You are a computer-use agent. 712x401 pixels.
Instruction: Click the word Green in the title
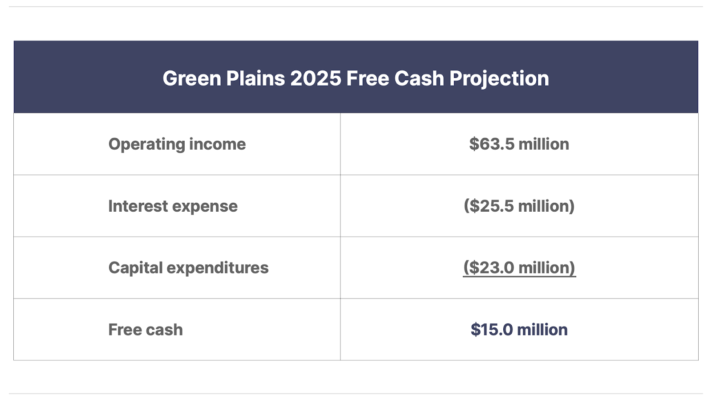(x=192, y=78)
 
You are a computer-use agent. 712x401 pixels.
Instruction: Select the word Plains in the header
(x=255, y=78)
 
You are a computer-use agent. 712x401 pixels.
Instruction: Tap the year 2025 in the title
(x=316, y=78)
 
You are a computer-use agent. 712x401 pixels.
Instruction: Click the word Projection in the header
(x=499, y=79)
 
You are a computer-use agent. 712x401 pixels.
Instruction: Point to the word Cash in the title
(x=419, y=78)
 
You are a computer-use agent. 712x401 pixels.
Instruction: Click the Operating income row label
(x=177, y=144)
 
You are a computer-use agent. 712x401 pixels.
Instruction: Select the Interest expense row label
(x=173, y=206)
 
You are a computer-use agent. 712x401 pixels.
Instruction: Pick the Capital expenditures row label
(x=189, y=268)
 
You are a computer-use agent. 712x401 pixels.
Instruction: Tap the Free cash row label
(x=146, y=330)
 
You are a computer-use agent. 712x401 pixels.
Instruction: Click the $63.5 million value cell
(x=519, y=144)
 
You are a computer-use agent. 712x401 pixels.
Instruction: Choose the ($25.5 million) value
(x=519, y=206)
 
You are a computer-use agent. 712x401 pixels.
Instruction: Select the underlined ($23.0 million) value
(x=519, y=268)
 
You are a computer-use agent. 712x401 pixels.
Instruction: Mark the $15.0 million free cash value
(x=519, y=329)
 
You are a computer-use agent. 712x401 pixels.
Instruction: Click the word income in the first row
(x=218, y=144)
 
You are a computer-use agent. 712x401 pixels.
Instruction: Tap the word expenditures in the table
(x=218, y=268)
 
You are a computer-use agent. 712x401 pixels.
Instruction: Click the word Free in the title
(x=368, y=78)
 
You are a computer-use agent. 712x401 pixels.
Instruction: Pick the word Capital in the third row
(x=136, y=268)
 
